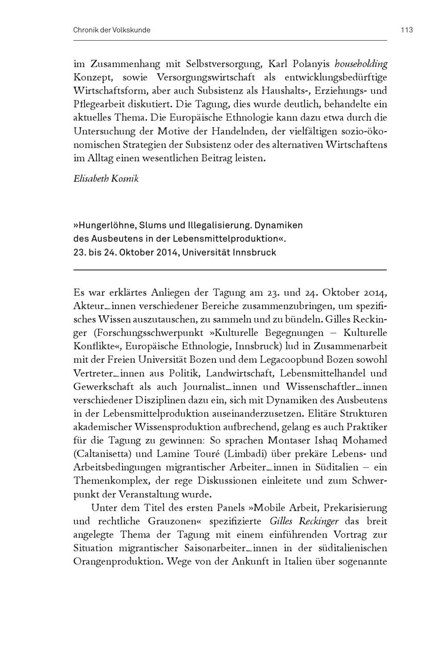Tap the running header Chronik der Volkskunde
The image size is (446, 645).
click(111, 30)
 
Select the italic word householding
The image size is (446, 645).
click(361, 64)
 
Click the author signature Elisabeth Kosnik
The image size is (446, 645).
click(106, 179)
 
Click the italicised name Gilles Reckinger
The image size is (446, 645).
click(304, 521)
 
